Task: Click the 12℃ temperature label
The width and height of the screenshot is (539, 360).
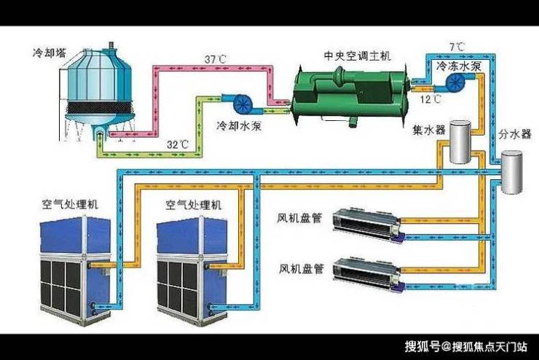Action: [431, 98]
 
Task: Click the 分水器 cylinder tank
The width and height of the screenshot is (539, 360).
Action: [514, 173]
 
